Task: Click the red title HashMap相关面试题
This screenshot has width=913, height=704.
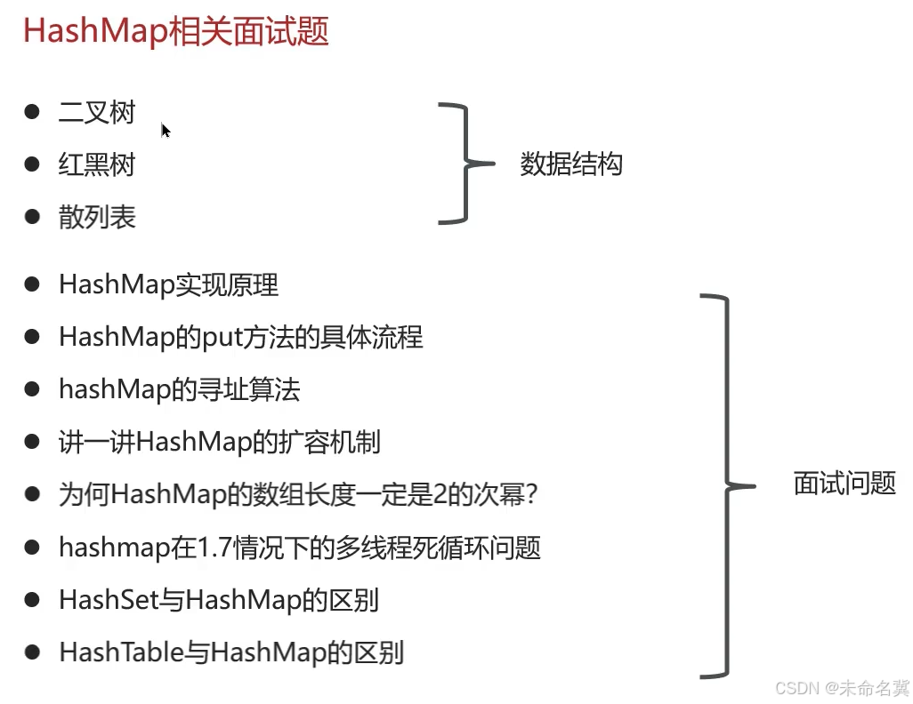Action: click(176, 33)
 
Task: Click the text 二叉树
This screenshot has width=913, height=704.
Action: click(97, 113)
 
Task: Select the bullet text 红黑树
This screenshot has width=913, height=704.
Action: click(97, 164)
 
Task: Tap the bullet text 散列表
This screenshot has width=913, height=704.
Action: click(97, 217)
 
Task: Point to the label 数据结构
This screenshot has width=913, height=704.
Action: click(571, 164)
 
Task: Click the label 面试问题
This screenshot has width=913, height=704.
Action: click(844, 484)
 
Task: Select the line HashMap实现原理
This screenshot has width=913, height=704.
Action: click(169, 284)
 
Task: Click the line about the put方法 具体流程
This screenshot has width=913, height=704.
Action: click(241, 337)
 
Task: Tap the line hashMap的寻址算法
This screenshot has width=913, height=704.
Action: click(180, 389)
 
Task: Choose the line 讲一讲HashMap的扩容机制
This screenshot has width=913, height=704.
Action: click(220, 442)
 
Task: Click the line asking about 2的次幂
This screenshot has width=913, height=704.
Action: click(299, 494)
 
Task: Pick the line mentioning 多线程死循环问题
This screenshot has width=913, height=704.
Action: click(300, 547)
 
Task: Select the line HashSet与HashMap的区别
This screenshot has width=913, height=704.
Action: click(219, 600)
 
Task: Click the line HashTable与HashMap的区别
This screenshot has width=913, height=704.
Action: click(231, 652)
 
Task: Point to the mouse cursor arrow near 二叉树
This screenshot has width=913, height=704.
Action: click(166, 131)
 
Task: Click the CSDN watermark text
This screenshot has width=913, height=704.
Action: click(842, 688)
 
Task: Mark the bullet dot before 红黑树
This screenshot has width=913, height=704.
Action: click(33, 164)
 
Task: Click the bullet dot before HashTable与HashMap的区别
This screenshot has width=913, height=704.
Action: click(33, 652)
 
